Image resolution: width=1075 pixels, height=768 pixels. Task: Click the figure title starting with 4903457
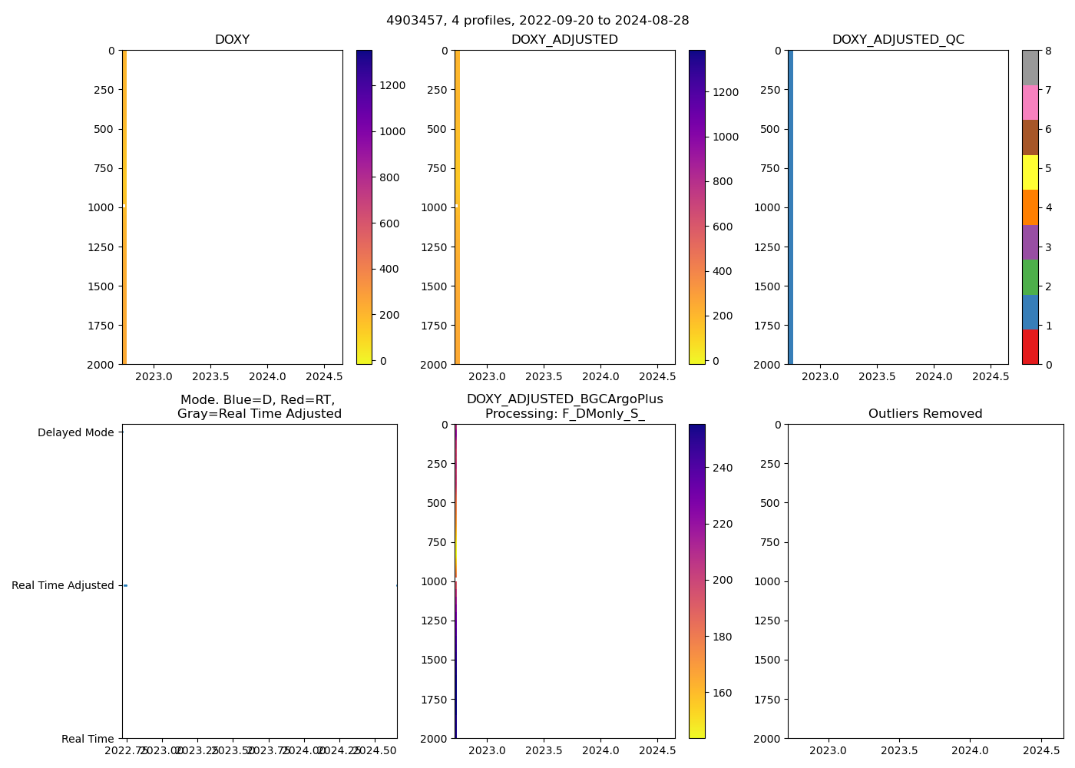pyautogui.click(x=537, y=21)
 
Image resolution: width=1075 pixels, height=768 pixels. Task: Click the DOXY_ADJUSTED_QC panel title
pyautogui.click(x=898, y=40)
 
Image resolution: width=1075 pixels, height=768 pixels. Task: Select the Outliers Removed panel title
pyautogui.click(x=925, y=414)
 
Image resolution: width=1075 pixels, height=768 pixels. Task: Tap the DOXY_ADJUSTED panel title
pyautogui.click(x=564, y=40)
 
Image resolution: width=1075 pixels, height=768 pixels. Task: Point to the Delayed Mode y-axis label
pyautogui.click(x=75, y=432)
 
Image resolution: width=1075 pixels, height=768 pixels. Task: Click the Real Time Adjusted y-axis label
pyautogui.click(x=62, y=585)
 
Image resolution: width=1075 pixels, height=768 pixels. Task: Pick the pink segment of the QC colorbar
pyautogui.click(x=1030, y=103)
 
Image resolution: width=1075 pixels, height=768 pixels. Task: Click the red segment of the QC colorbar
pyautogui.click(x=1030, y=347)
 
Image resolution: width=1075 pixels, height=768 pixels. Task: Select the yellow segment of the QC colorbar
pyautogui.click(x=1030, y=173)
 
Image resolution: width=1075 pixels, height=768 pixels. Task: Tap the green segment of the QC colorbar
pyautogui.click(x=1030, y=277)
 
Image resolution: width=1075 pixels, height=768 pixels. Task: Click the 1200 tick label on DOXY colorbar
pyautogui.click(x=392, y=85)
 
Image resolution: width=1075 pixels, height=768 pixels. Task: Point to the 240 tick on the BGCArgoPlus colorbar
pyautogui.click(x=722, y=468)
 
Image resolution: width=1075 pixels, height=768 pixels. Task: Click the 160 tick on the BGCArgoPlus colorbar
pyautogui.click(x=722, y=693)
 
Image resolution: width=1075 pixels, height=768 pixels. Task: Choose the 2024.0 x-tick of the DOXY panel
pyautogui.click(x=267, y=376)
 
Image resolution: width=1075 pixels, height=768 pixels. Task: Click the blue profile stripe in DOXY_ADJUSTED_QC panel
pyautogui.click(x=790, y=207)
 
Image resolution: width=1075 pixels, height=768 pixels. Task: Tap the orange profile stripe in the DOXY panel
pyautogui.click(x=124, y=207)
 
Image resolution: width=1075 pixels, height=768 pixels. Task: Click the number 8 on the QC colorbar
pyautogui.click(x=1048, y=51)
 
